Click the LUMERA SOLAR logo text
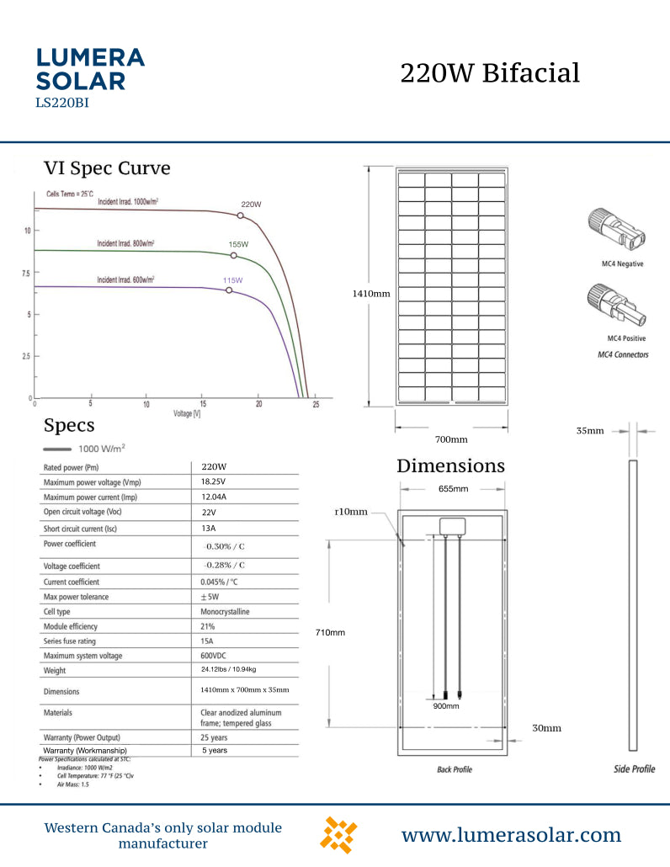(x=91, y=69)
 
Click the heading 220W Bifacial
(x=490, y=73)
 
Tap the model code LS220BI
(x=62, y=104)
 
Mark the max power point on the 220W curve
(x=241, y=215)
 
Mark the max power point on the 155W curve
(x=234, y=255)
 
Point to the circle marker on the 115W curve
(x=229, y=290)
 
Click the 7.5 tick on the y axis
(x=24, y=274)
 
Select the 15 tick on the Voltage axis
(x=203, y=405)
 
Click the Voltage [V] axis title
(x=187, y=414)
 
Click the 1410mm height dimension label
(x=370, y=294)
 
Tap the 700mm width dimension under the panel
(x=451, y=439)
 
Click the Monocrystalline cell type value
(x=225, y=611)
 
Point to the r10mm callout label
(x=351, y=512)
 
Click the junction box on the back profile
(x=452, y=525)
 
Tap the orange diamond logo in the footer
(x=339, y=835)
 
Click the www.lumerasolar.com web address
(x=511, y=835)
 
